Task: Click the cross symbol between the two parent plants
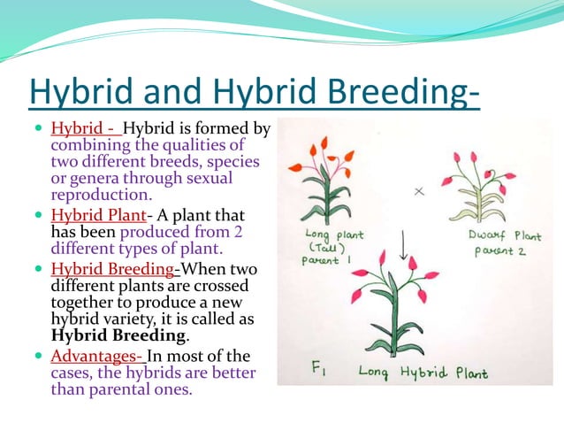[x=420, y=190]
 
